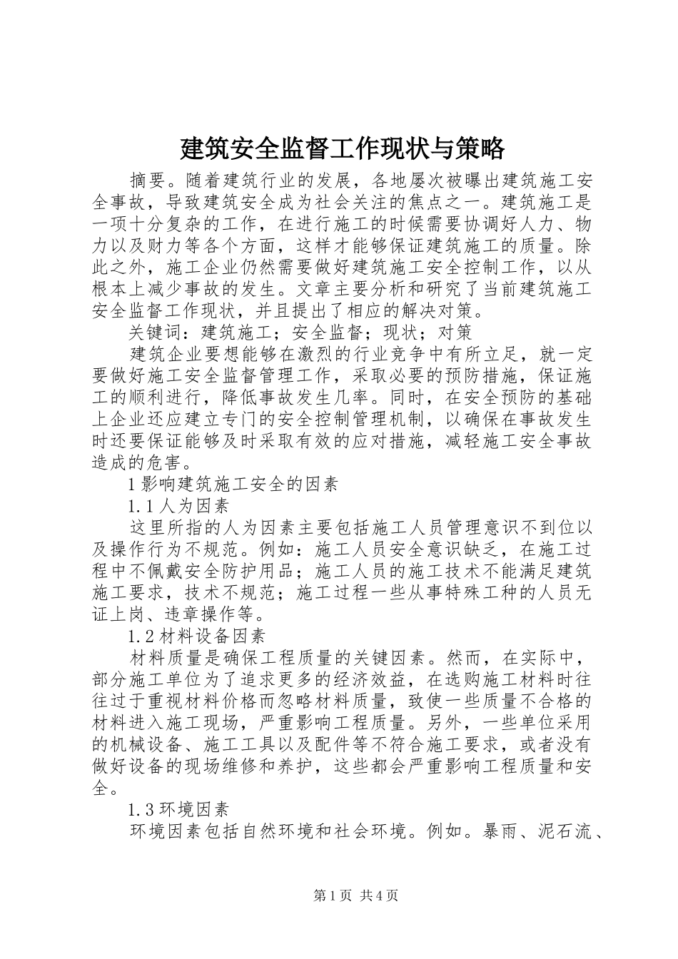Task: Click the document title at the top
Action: click(343, 148)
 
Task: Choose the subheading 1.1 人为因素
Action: click(178, 506)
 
